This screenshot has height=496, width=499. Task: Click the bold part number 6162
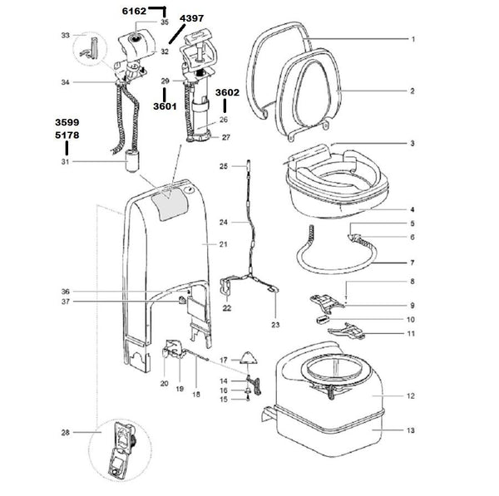[134, 11]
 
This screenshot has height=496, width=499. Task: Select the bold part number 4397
[191, 18]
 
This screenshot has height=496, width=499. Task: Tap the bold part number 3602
[227, 92]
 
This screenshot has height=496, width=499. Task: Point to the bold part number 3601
[165, 106]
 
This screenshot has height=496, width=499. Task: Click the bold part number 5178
[67, 135]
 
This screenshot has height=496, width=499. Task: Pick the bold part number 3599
[67, 122]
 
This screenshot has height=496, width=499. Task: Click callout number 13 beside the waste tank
[411, 430]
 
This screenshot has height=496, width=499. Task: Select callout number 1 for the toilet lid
[413, 39]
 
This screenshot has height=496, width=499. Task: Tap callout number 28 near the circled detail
[65, 432]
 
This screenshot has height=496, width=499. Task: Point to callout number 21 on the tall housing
[223, 244]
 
